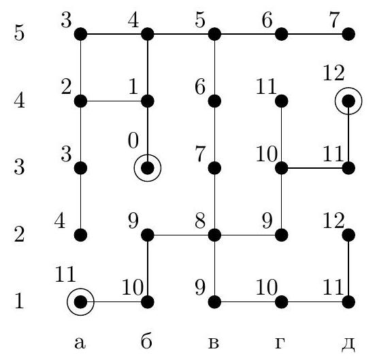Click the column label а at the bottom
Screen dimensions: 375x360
[x=80, y=343]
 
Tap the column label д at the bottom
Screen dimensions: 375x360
[x=348, y=344]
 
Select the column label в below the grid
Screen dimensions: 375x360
[x=213, y=343]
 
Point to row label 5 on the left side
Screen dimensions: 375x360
[x=19, y=33]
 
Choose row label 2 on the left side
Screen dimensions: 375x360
[x=19, y=234]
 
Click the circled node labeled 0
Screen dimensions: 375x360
[x=148, y=168]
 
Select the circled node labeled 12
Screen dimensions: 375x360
[x=348, y=101]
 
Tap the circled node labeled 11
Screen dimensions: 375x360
[x=80, y=302]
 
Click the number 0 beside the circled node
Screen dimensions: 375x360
[x=133, y=141]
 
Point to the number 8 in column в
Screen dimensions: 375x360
[x=200, y=221]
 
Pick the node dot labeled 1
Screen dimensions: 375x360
[x=148, y=101]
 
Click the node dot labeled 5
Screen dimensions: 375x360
[x=214, y=34]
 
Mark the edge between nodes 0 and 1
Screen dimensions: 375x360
[x=148, y=135]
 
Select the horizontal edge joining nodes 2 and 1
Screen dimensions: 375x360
[x=114, y=101]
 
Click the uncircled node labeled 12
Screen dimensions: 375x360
[x=348, y=235]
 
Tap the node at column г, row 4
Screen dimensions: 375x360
[x=282, y=101]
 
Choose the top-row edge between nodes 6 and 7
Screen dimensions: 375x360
[x=315, y=34]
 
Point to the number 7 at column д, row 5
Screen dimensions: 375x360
[x=334, y=20]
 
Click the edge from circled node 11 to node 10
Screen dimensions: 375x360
[x=114, y=302]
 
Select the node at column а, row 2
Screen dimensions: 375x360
[x=80, y=235]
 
